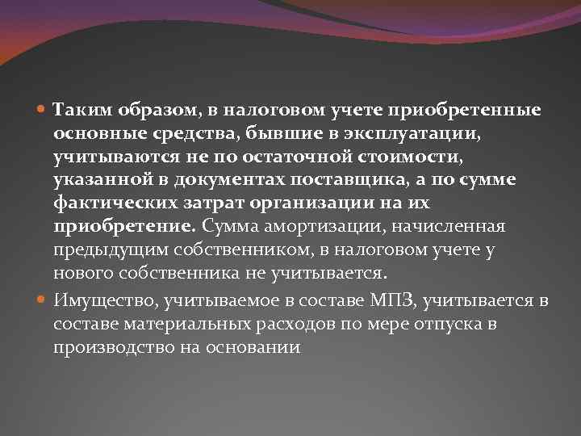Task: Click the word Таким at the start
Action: [x=79, y=109]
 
